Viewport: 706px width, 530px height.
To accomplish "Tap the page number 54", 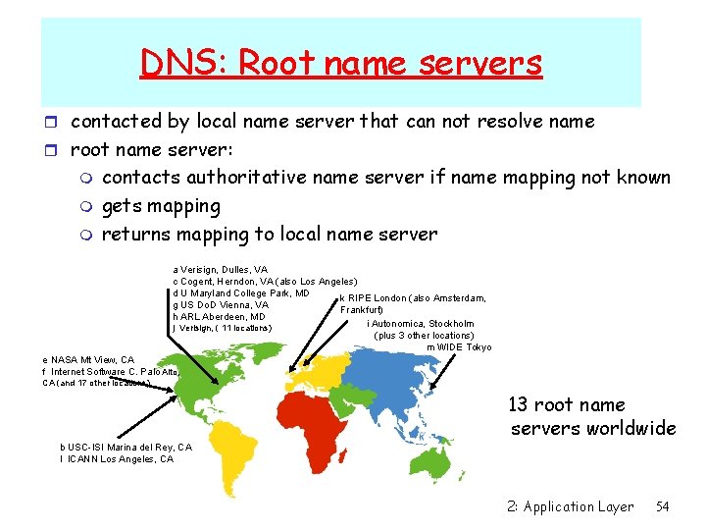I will (663, 506).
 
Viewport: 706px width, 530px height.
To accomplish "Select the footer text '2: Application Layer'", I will (571, 506).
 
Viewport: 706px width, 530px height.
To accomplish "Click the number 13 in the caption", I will (520, 405).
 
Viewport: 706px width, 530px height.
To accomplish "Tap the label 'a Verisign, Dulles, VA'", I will (220, 269).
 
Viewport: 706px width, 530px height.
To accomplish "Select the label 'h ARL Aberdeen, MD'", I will (219, 317).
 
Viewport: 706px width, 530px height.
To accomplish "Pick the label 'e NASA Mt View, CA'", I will (88, 360).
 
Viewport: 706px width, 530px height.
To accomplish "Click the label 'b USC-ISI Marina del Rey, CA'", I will (126, 448).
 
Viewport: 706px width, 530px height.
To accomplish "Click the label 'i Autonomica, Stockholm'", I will (420, 323).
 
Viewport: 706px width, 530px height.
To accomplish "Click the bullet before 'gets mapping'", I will (88, 207).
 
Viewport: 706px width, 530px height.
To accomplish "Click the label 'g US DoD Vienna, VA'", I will (221, 304).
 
